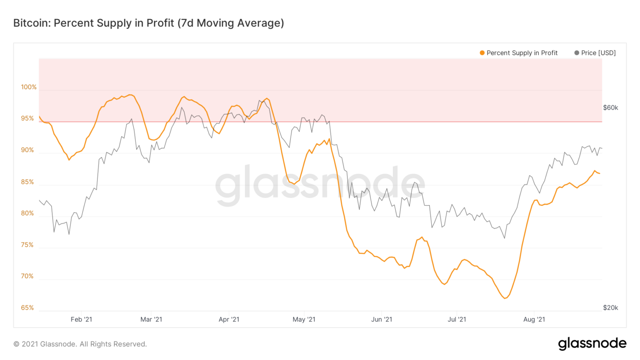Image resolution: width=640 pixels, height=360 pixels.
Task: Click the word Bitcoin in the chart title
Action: point(30,23)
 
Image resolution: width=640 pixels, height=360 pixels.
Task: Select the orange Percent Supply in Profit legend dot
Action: point(482,53)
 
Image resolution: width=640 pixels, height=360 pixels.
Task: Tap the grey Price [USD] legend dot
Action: point(577,53)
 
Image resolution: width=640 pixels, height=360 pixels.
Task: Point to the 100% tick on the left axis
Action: point(29,87)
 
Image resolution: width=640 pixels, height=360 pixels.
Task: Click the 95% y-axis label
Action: point(27,118)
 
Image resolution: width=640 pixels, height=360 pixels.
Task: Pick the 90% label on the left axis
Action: point(27,150)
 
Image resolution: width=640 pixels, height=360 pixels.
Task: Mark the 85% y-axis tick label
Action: point(27,182)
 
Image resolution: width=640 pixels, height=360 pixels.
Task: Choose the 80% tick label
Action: point(27,213)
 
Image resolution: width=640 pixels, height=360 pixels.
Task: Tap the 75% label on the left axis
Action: point(27,245)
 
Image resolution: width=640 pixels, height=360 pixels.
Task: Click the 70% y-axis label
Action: point(27,276)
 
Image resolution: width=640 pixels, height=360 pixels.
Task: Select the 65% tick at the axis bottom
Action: point(27,308)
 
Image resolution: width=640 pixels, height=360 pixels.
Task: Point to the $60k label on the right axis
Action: point(610,107)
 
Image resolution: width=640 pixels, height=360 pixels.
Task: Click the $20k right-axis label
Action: point(610,308)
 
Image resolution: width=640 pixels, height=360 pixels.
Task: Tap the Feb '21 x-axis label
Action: point(81,320)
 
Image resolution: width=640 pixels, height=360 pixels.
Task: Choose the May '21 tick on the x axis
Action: point(304,320)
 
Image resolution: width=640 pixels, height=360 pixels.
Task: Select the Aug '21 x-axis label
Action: point(534,320)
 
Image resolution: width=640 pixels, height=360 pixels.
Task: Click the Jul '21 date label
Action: point(457,320)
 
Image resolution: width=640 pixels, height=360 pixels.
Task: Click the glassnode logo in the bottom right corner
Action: point(592,343)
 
